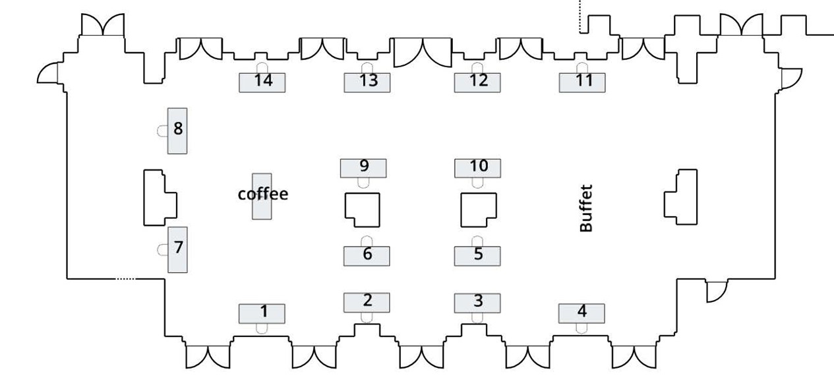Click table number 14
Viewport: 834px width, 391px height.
[262, 82]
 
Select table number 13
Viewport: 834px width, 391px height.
[368, 82]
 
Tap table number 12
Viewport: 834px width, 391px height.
[477, 82]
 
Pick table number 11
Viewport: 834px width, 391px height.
[583, 82]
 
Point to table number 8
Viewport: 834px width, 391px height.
[177, 131]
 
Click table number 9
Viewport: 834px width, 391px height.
[363, 167]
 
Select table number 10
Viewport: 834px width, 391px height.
[478, 167]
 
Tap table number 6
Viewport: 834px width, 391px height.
[367, 255]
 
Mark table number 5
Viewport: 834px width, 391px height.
[477, 255]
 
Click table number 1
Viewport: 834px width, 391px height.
[262, 313]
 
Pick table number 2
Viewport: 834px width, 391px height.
[367, 302]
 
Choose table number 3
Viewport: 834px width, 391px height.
[477, 303]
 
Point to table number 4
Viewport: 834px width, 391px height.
[582, 313]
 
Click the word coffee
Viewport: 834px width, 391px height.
[263, 194]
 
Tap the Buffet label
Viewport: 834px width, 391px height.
[586, 208]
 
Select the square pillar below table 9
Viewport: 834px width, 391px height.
[363, 208]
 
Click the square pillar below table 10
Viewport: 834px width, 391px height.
[478, 209]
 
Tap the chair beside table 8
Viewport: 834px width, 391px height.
[162, 131]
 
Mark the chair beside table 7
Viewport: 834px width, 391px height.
[162, 249]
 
